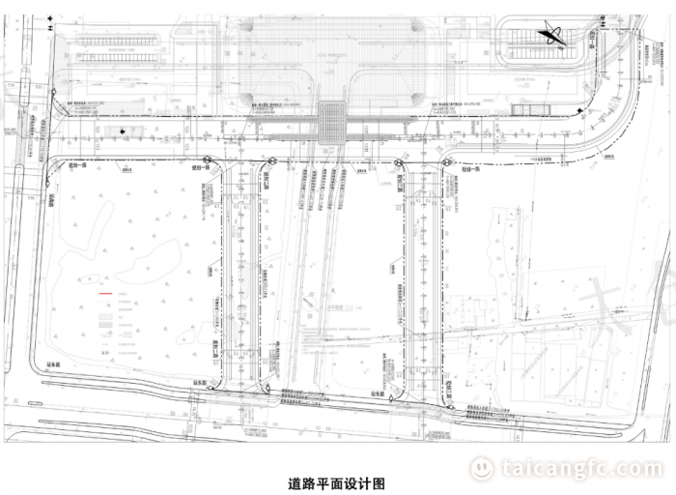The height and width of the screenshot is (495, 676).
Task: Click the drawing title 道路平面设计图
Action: [337, 480]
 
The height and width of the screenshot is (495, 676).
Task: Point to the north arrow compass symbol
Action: [553, 36]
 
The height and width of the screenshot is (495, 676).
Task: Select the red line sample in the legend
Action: [101, 293]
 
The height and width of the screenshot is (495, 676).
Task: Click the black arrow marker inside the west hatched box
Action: [125, 131]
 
